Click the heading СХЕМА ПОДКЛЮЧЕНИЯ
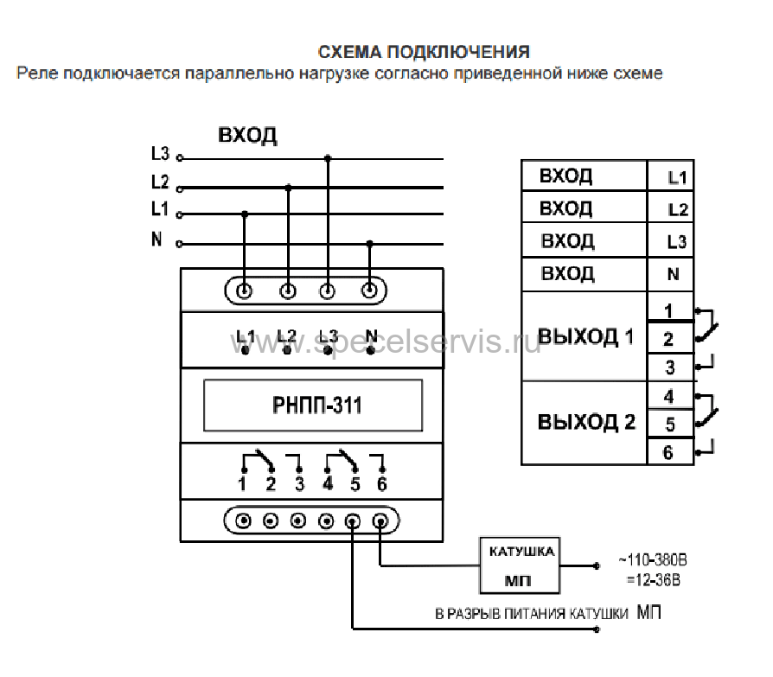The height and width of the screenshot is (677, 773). tap(424, 52)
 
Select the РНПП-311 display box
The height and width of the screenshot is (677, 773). tap(312, 405)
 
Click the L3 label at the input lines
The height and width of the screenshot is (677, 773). tap(160, 154)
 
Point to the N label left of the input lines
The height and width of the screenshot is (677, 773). tap(157, 240)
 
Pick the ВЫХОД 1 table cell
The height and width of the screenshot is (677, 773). tap(585, 336)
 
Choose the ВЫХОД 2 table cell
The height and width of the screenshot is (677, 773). tap(585, 423)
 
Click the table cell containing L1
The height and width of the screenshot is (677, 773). tap(670, 177)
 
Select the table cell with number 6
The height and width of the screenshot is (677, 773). tap(670, 452)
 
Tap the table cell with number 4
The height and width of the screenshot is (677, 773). tap(670, 397)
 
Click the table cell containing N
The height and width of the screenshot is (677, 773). tap(670, 275)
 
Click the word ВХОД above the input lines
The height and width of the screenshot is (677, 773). tap(247, 136)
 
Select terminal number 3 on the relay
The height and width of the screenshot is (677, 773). tap(299, 483)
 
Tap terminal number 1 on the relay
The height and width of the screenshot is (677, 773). tap(243, 483)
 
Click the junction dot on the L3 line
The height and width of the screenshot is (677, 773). tap(327, 158)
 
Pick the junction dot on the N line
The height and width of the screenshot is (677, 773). tap(370, 243)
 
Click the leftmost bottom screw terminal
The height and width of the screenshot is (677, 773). tap(244, 521)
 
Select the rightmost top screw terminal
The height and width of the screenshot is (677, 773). tap(370, 291)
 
